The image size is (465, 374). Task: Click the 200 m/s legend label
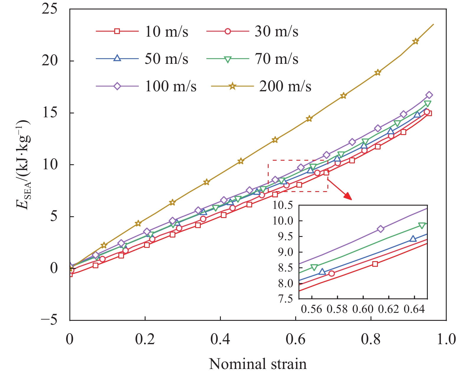pyautogui.click(x=285, y=86)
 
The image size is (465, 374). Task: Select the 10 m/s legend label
pyautogui.click(x=166, y=31)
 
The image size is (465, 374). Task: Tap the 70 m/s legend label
pyautogui.click(x=277, y=59)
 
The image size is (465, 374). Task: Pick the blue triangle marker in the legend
pyautogui.click(x=117, y=58)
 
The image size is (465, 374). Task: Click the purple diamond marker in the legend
pyautogui.click(x=117, y=86)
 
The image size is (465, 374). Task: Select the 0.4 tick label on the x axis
pyautogui.click(x=220, y=339)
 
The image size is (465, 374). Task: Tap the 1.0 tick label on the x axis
pyautogui.click(x=446, y=339)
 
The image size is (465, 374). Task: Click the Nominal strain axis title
pyautogui.click(x=258, y=364)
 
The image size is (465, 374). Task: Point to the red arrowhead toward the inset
pyautogui.click(x=348, y=196)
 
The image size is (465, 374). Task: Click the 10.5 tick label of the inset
pyautogui.click(x=283, y=205)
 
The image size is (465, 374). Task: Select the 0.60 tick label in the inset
pyautogui.click(x=363, y=309)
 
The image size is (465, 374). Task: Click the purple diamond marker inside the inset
pyautogui.click(x=381, y=229)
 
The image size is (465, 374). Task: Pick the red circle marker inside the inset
pyautogui.click(x=332, y=274)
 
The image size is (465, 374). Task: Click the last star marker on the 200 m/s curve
pyautogui.click(x=415, y=41)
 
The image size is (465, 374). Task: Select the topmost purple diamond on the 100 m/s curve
pyautogui.click(x=429, y=95)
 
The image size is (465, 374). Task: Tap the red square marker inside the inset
pyautogui.click(x=375, y=264)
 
